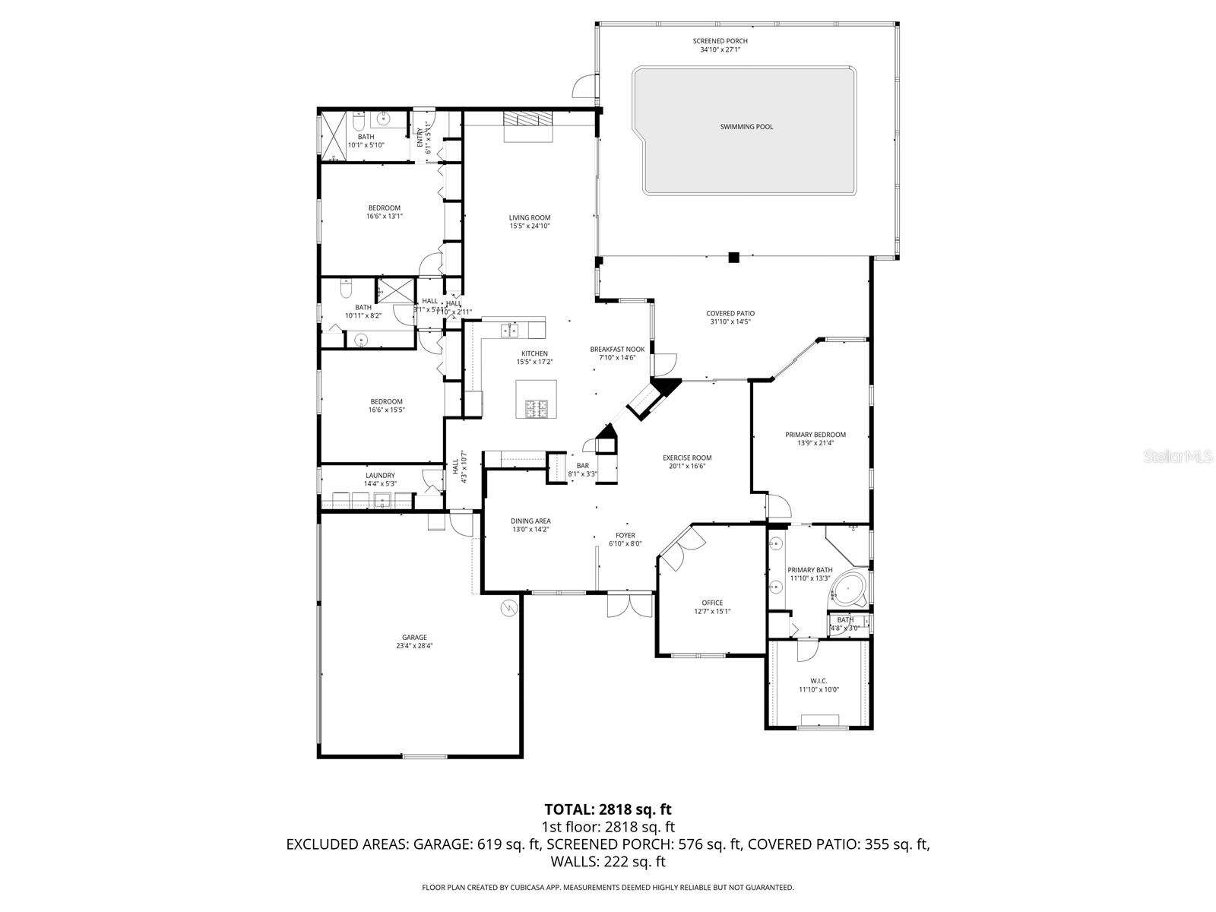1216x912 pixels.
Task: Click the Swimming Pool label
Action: (746, 127)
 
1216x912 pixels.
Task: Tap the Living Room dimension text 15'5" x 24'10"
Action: (530, 226)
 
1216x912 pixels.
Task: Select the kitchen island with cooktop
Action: (535, 400)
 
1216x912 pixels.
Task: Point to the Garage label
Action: (414, 638)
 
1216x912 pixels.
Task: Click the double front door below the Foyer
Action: (630, 605)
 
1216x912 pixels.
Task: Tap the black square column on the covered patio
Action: (733, 258)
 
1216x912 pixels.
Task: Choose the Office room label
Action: (712, 603)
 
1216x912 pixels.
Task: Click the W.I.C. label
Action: (819, 681)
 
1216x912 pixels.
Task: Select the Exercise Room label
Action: (687, 458)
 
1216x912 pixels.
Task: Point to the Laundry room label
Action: (380, 476)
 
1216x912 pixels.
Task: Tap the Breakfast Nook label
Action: (617, 350)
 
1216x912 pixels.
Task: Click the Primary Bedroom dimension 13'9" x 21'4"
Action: (815, 443)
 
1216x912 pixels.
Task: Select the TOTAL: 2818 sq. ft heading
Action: (608, 809)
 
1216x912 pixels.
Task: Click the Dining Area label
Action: (530, 521)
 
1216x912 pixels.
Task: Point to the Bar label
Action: (583, 466)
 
